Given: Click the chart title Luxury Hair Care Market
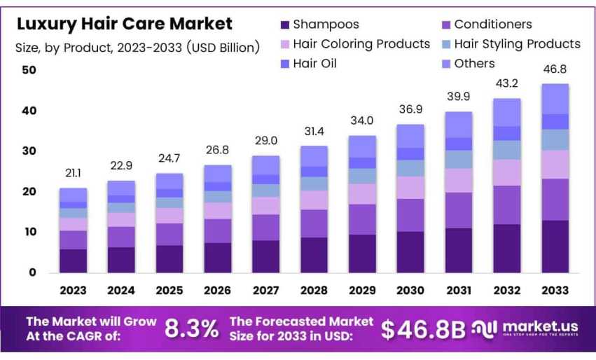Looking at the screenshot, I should [124, 25].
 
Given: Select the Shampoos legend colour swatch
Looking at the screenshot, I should [284, 25].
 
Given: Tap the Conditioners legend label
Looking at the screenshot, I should [492, 25].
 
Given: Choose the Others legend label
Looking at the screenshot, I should [474, 63].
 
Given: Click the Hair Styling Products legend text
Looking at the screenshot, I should [517, 43].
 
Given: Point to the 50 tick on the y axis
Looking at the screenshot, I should [29, 71].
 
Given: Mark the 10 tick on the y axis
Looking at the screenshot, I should [29, 232].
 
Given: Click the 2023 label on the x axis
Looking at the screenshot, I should [73, 290].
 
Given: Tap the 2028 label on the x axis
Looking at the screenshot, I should [314, 290].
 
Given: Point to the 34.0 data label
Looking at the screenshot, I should [361, 121].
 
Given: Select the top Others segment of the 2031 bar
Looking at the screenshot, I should [458, 124].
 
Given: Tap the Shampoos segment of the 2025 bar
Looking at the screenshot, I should [169, 258].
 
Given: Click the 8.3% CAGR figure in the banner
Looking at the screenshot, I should [190, 329].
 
